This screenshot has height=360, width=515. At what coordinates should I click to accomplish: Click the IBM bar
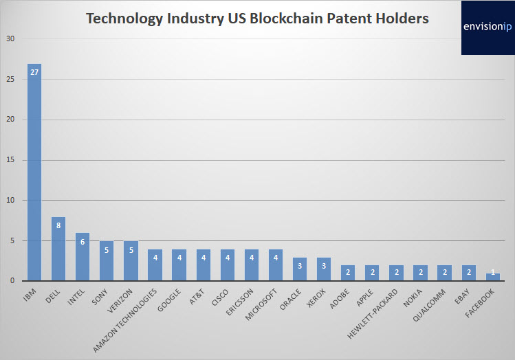click(x=34, y=172)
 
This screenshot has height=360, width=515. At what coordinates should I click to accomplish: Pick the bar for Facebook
click(x=493, y=277)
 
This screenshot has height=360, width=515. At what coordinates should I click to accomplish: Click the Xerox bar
click(x=324, y=269)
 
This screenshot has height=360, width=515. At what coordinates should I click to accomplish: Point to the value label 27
click(x=34, y=71)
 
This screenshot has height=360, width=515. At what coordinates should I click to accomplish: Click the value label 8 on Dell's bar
click(x=58, y=224)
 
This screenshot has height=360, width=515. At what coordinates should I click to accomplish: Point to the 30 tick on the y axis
click(x=10, y=39)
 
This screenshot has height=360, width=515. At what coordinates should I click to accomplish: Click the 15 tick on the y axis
click(x=10, y=160)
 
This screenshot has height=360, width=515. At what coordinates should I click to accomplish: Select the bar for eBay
click(x=469, y=273)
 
